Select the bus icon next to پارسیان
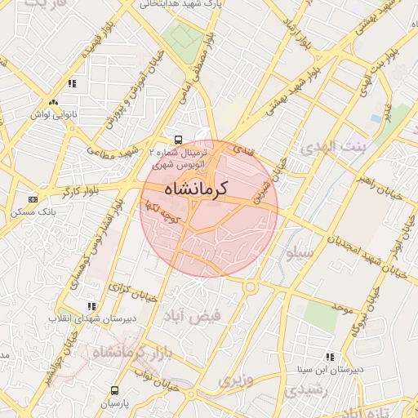114,390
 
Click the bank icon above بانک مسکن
33,199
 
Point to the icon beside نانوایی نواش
53,103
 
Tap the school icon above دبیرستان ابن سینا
330,357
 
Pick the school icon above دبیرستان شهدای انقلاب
91,306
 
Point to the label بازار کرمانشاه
129,354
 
